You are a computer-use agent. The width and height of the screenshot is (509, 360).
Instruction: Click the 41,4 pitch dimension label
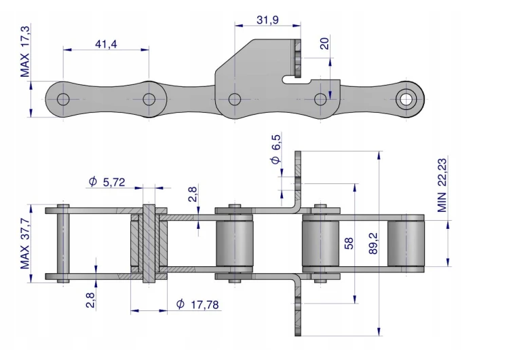(x=106, y=43)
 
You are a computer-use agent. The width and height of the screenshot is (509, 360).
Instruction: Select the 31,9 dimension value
(x=267, y=20)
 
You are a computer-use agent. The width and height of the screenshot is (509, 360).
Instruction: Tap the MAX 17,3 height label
(x=25, y=51)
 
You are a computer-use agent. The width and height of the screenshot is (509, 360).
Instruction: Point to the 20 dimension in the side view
(x=324, y=43)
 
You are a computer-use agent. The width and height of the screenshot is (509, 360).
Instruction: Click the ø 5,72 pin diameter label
(x=107, y=181)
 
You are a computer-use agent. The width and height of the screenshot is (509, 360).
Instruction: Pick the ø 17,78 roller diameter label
(x=197, y=304)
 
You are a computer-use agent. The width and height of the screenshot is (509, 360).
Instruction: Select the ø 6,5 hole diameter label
(x=276, y=149)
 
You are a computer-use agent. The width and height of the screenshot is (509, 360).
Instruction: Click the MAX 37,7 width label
(x=25, y=244)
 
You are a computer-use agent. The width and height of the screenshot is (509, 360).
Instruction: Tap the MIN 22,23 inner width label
(x=442, y=185)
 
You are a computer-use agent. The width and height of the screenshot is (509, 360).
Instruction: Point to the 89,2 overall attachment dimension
(x=373, y=243)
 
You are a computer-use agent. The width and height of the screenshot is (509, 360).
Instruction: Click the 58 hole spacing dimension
(x=349, y=243)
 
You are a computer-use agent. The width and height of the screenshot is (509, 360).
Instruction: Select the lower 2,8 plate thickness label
(x=90, y=300)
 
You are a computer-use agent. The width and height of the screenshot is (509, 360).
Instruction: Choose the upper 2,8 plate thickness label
(x=193, y=194)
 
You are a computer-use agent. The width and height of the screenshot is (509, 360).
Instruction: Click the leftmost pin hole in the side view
(x=63, y=99)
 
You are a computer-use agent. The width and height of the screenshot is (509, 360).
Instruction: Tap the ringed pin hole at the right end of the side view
(x=406, y=99)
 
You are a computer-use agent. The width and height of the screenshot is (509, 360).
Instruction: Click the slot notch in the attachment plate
(x=297, y=79)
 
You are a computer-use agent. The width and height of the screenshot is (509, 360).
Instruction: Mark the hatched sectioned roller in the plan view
(x=149, y=243)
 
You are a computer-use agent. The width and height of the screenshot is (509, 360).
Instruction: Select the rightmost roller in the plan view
(x=406, y=243)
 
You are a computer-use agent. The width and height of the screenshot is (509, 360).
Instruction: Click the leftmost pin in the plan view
(x=63, y=243)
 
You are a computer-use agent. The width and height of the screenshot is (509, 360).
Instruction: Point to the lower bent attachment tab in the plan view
(x=298, y=306)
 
